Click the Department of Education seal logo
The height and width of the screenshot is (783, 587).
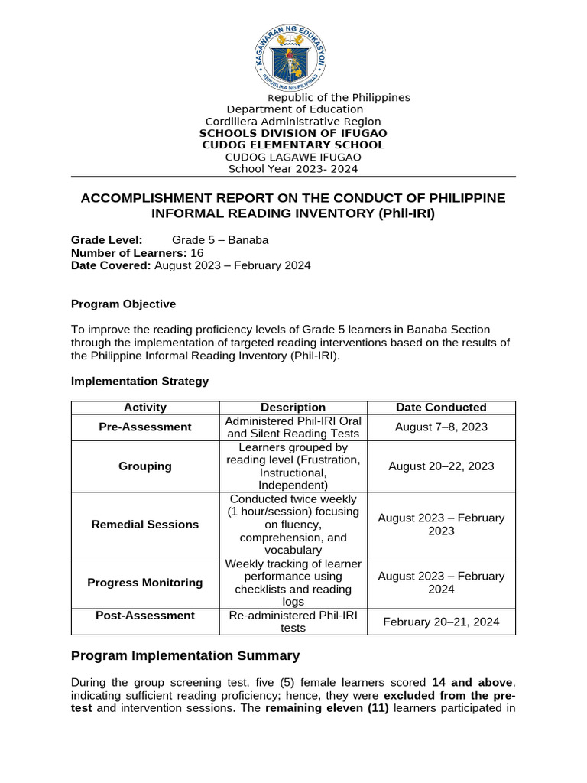[x=293, y=56]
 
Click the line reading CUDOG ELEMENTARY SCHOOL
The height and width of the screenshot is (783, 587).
[x=293, y=145]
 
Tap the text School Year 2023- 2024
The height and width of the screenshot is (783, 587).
[x=293, y=169]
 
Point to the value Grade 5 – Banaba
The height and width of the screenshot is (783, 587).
[x=220, y=240]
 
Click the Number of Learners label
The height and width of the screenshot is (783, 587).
[x=128, y=253]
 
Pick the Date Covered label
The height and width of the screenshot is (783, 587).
[x=111, y=265]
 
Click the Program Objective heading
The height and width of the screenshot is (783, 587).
[x=123, y=304]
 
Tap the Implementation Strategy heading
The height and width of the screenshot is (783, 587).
[x=139, y=381]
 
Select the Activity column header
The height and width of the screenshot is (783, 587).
[x=145, y=408]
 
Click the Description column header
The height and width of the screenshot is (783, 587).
[x=293, y=408]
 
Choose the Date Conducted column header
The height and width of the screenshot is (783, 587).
[x=441, y=408]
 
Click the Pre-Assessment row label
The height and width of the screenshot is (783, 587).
[x=145, y=427]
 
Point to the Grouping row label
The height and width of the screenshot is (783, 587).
[x=145, y=466]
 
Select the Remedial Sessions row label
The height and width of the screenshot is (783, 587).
[x=145, y=525]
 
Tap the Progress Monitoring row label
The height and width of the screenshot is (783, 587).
[x=145, y=583]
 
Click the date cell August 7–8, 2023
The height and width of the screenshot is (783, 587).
[x=441, y=427]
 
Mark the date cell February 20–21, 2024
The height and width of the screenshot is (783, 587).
[x=441, y=622]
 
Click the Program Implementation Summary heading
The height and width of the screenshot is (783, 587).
[x=185, y=656]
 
